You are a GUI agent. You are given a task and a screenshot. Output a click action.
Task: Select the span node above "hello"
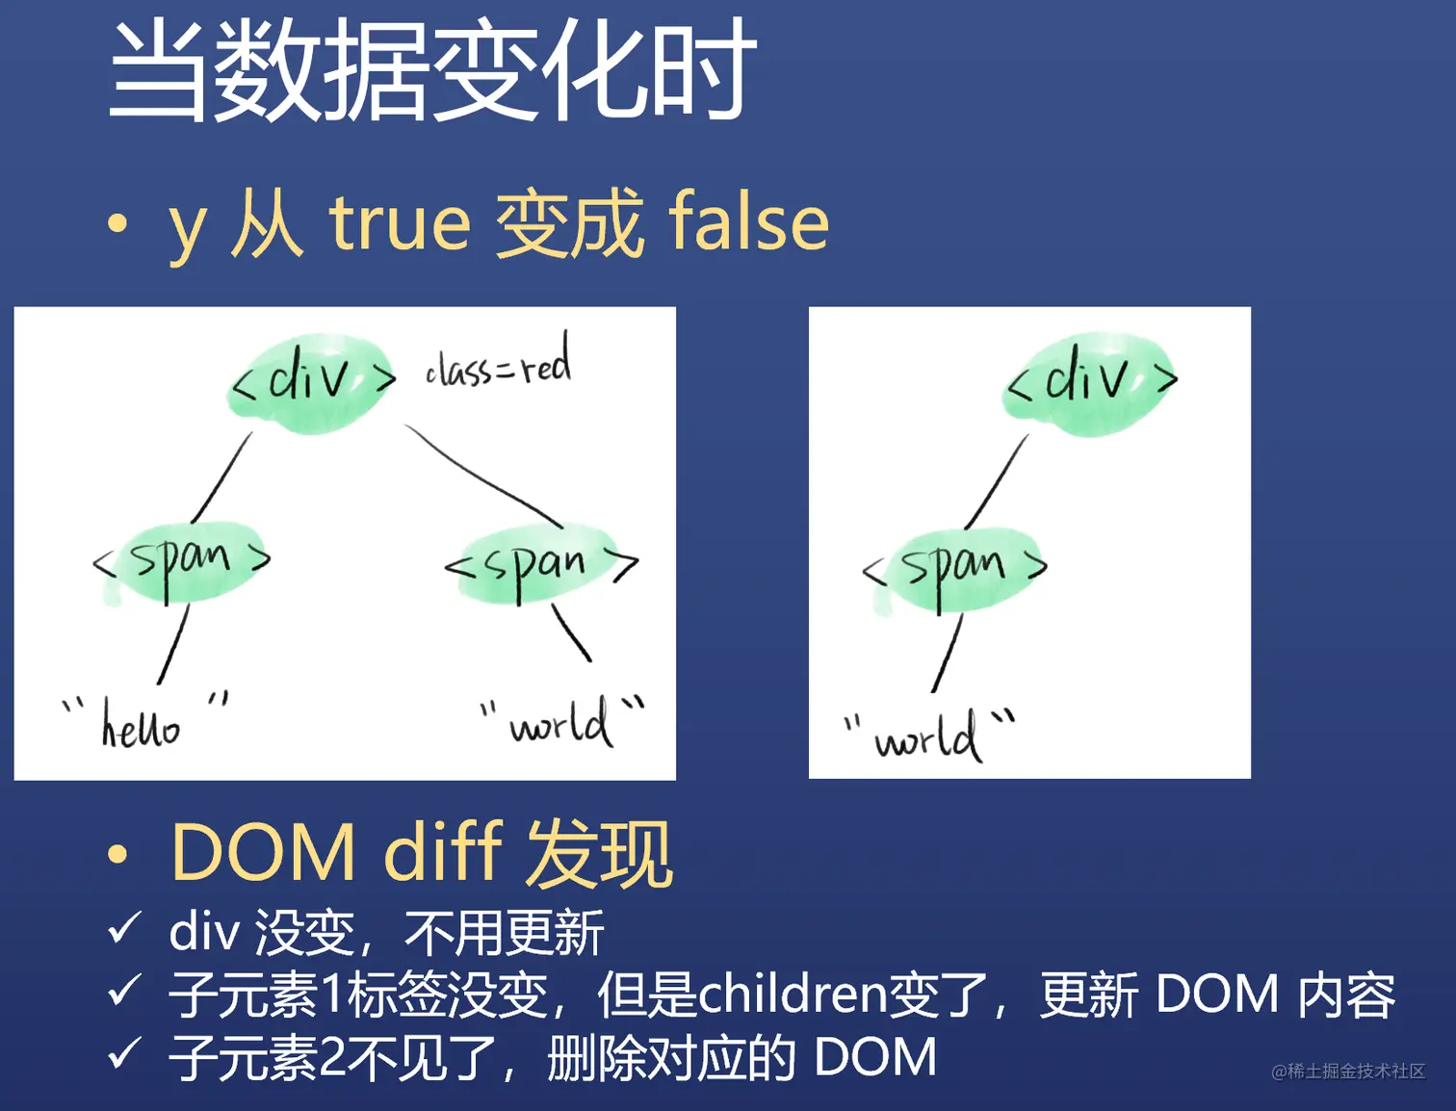tap(181, 561)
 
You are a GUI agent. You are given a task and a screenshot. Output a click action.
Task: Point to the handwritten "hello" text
tap(141, 726)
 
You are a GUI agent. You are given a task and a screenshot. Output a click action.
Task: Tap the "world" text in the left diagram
tap(560, 724)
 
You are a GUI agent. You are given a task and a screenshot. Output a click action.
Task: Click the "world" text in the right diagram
tap(926, 739)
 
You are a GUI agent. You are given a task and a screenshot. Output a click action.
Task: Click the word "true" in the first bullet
tap(400, 223)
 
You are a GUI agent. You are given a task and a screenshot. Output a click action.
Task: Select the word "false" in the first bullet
tap(748, 223)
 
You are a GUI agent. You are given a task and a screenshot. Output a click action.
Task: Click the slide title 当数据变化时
tap(431, 72)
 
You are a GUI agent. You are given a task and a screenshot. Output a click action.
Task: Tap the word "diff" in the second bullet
tap(443, 853)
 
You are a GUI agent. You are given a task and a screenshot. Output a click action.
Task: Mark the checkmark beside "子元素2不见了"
tap(124, 1053)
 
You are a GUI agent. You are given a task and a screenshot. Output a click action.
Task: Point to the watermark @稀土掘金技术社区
tap(1347, 1072)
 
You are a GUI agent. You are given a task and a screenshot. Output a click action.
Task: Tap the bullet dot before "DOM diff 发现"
tap(117, 855)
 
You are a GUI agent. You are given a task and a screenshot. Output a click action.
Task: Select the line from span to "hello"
tap(173, 645)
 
